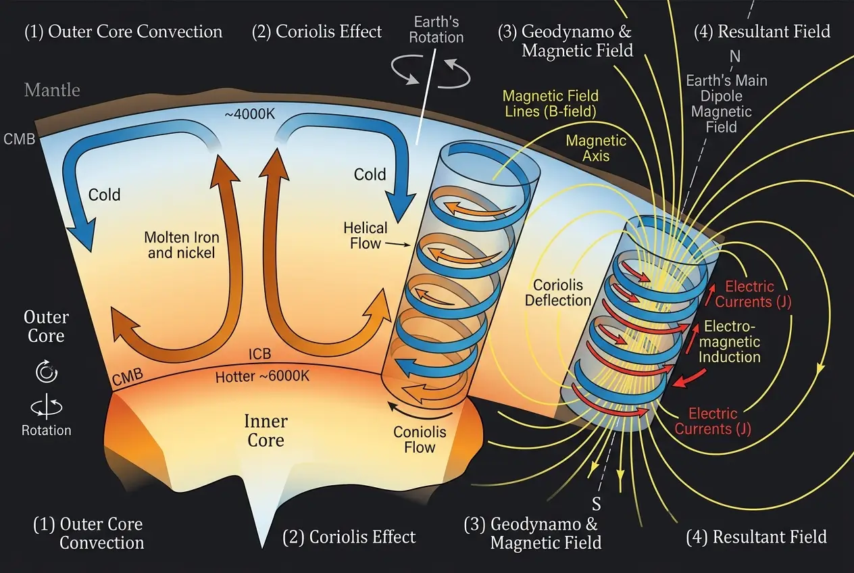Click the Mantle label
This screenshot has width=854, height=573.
(52, 90)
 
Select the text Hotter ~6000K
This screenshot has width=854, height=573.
(262, 376)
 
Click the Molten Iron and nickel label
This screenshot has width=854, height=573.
(182, 246)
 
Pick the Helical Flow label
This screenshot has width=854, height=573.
(365, 234)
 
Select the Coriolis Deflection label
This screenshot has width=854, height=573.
(558, 292)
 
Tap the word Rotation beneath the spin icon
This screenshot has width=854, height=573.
(46, 430)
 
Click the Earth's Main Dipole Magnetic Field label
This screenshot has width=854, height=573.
(726, 104)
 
